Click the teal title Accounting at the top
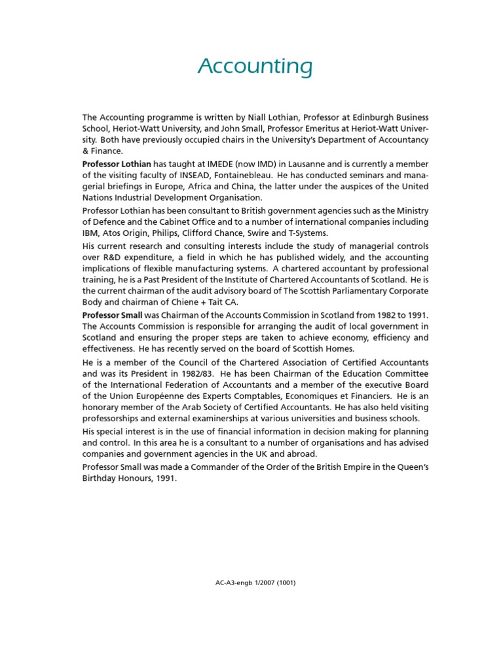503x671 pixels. tap(255, 67)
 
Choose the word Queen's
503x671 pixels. tap(411, 466)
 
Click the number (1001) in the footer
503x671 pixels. tap(284, 582)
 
